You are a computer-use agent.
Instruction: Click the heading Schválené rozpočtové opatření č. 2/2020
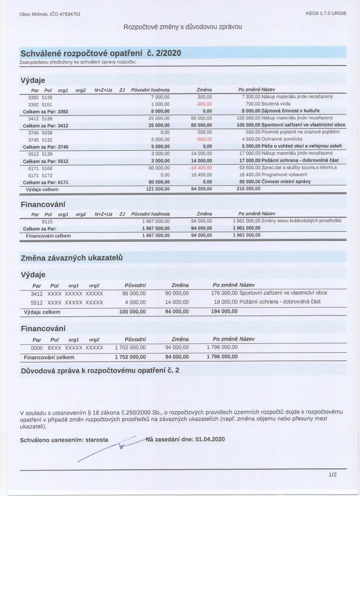coord(101,53)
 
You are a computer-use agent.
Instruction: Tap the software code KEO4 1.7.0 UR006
coord(326,14)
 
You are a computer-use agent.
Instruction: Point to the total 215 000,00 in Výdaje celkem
coord(248,189)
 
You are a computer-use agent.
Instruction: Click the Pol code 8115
coord(47,221)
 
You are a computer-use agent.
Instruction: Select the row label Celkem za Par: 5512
coord(45,161)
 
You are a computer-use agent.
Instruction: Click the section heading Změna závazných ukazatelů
coord(72,258)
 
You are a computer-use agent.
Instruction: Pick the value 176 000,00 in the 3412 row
coord(224,293)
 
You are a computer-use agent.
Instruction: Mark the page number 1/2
coord(333,474)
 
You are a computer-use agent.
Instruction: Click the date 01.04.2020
coord(210,439)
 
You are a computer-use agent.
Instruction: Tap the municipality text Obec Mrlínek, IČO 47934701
coord(50,14)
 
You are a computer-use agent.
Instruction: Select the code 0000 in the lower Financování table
coord(36,348)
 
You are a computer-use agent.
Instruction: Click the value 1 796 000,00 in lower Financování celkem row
coord(222,357)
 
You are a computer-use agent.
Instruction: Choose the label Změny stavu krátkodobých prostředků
coord(301,221)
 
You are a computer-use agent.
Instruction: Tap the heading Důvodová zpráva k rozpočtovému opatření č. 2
coord(100,371)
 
